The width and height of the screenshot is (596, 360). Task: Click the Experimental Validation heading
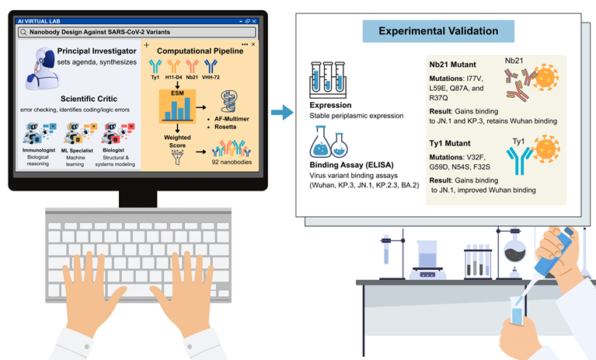[x=437, y=32]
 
